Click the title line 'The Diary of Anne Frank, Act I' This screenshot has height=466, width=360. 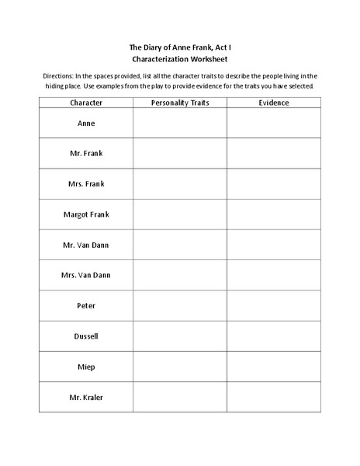pos(179,46)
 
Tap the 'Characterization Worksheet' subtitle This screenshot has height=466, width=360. pos(179,58)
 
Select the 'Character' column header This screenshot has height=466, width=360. pos(86,103)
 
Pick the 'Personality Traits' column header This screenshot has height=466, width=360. pos(179,103)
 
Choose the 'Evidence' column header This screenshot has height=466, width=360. pos(274,103)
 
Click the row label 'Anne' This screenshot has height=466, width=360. pos(86,123)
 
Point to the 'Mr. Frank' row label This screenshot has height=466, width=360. pos(86,153)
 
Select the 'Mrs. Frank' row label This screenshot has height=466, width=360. pos(86,183)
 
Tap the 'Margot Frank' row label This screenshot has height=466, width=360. pos(86,214)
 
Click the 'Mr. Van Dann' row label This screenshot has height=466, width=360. pos(86,244)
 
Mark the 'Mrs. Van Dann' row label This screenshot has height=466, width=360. pos(86,275)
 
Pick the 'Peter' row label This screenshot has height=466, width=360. pos(86,305)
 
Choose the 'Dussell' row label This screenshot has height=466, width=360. pos(86,336)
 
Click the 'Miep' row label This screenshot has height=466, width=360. pos(86,367)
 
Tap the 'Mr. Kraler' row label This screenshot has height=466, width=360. pos(86,397)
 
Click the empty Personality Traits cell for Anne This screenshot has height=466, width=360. pos(179,123)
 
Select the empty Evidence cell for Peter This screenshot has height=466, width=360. pos(274,305)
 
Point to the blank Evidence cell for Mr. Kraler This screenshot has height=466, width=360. pos(274,397)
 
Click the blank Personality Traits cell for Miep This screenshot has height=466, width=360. pos(179,367)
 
